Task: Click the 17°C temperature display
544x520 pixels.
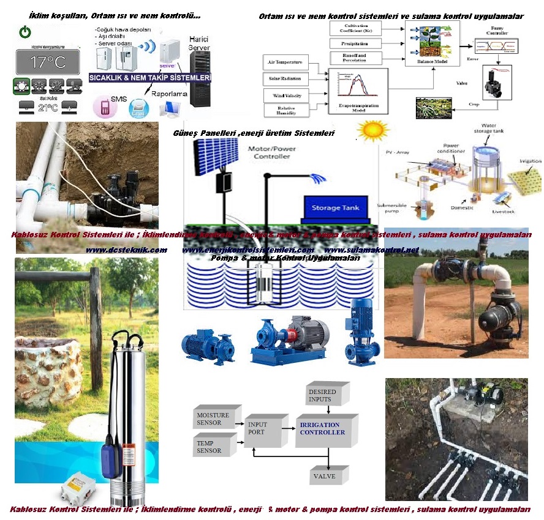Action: (x=48, y=62)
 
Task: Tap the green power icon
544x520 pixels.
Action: (x=24, y=31)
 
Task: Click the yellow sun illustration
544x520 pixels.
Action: (x=374, y=130)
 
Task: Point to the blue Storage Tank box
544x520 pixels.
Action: (x=334, y=208)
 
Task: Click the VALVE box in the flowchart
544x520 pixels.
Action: (x=324, y=477)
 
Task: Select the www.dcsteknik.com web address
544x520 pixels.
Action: (x=126, y=250)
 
